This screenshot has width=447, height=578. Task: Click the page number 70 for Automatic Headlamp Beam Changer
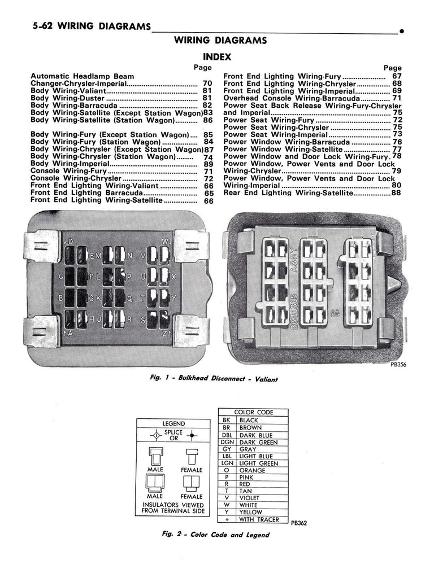(x=207, y=84)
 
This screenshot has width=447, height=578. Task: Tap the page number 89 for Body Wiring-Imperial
(x=207, y=164)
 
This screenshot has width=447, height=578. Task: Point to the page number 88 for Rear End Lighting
(x=396, y=193)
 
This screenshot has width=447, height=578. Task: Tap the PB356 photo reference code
(x=398, y=365)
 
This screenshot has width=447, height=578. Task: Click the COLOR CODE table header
(x=253, y=413)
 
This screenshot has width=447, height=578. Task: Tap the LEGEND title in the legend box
(x=174, y=423)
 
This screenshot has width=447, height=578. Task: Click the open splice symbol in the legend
(x=153, y=435)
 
